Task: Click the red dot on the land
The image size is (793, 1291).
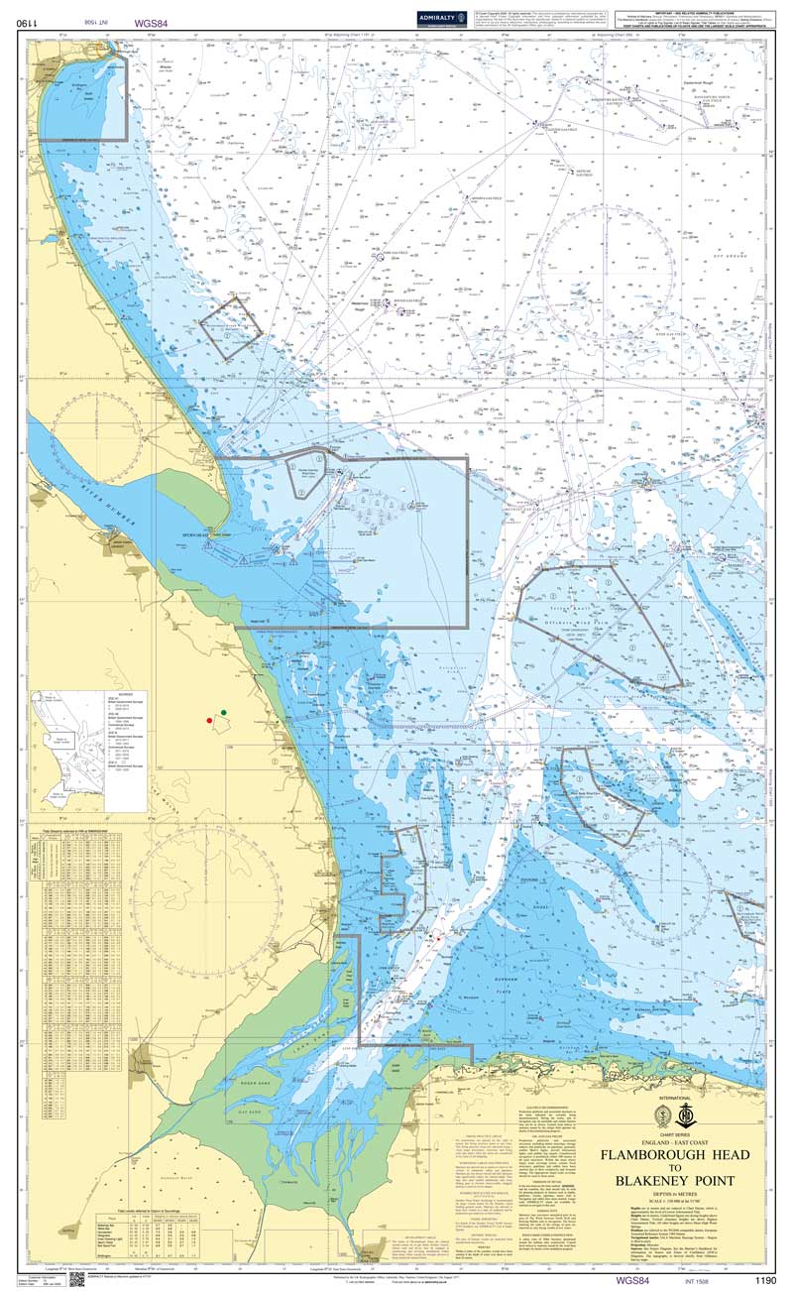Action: (x=208, y=720)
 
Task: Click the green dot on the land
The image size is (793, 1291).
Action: (x=224, y=712)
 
